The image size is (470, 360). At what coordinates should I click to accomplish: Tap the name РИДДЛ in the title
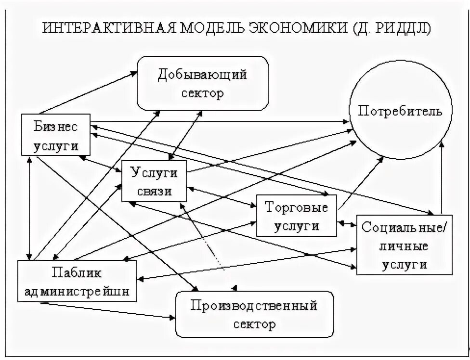[x=407, y=27]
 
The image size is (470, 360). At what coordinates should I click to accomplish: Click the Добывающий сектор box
[x=202, y=83]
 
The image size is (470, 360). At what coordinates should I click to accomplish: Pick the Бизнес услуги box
[x=56, y=135]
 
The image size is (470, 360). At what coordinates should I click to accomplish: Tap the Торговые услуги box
[x=296, y=216]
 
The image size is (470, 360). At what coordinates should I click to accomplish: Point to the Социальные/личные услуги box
[x=404, y=244]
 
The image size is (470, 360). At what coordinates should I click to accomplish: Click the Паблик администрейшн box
[x=76, y=281]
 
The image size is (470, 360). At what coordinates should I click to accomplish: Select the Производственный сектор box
[x=254, y=314]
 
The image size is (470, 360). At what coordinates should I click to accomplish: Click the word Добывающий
[x=202, y=75]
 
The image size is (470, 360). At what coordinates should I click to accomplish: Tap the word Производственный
[x=254, y=305]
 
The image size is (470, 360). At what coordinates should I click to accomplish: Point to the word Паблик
[x=77, y=273]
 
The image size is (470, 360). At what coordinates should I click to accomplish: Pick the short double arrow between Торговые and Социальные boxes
[x=347, y=223]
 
